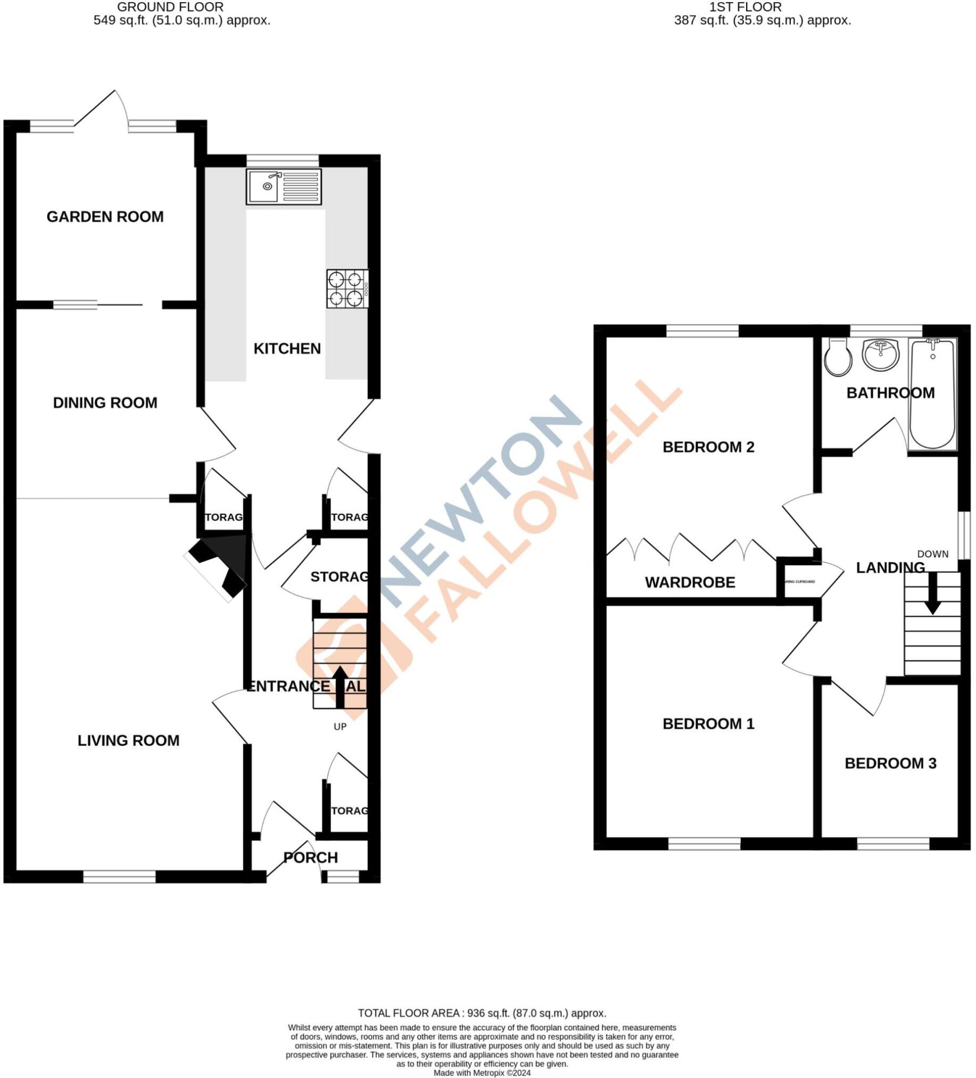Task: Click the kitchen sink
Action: [283, 187]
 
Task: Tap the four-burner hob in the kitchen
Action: [346, 289]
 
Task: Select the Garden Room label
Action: [105, 217]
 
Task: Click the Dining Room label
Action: [105, 402]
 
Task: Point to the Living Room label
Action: [128, 740]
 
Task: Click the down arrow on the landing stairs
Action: [933, 594]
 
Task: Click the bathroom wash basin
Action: [881, 353]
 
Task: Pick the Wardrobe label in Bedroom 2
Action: [690, 582]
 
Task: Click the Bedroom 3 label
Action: [890, 763]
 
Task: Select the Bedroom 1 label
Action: [708, 723]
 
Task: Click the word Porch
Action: [311, 858]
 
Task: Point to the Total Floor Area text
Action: [482, 1013]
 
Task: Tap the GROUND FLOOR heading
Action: [170, 7]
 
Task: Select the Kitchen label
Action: [287, 349]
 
